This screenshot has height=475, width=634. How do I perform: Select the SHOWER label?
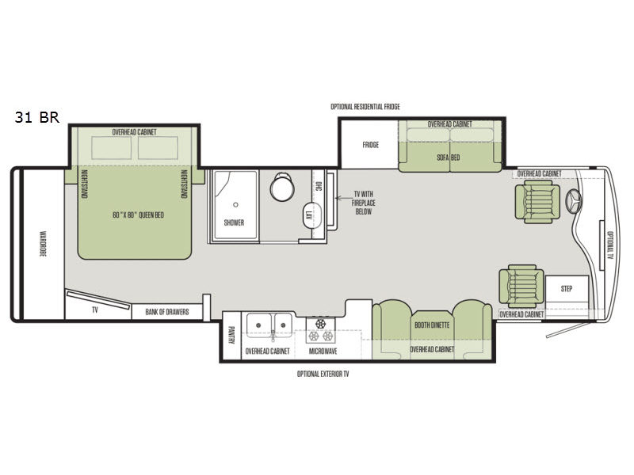click(x=234, y=222)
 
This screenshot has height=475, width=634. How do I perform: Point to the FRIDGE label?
click(x=371, y=145)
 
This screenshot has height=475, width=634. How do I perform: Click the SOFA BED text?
click(x=449, y=158)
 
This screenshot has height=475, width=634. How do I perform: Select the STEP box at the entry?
click(x=567, y=289)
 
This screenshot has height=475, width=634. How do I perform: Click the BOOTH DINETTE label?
click(x=432, y=325)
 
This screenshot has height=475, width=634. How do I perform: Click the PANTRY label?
click(x=232, y=336)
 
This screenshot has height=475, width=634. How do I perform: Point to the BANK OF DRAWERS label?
click(x=167, y=312)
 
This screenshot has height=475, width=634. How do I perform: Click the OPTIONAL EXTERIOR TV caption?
click(x=323, y=373)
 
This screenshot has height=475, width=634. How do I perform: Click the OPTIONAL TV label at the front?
click(x=609, y=245)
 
